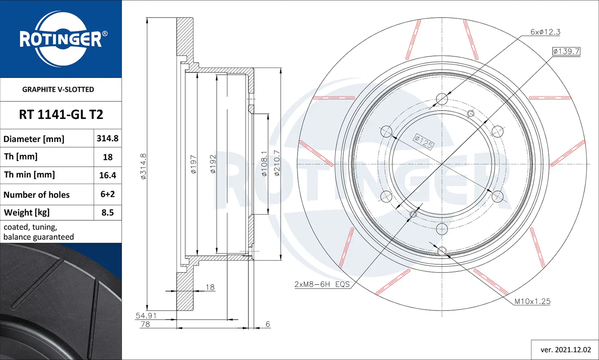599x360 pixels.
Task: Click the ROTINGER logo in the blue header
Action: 61,39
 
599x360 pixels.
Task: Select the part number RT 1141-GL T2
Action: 61,115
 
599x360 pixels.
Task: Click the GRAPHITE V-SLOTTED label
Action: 58,89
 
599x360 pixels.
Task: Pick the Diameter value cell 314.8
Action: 107,138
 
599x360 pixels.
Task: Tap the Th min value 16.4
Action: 107,175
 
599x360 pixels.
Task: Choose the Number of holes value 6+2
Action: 107,194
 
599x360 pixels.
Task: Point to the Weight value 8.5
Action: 107,212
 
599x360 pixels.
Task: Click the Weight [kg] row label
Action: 27,212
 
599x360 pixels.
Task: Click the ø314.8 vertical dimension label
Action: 143,166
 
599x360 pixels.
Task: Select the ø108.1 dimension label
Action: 264,164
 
